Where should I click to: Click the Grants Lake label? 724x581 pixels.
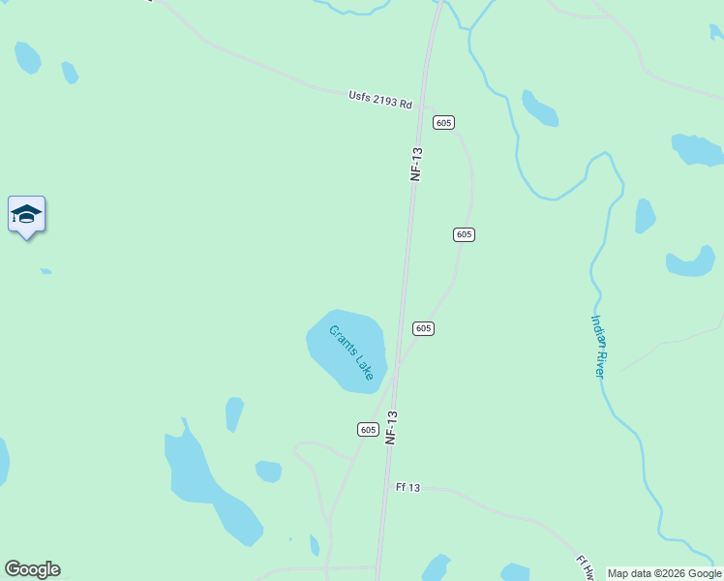tap(351, 352)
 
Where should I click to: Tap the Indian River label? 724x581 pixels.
tap(599, 345)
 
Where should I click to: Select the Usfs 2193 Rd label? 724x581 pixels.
tap(380, 100)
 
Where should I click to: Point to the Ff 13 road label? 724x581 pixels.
tap(407, 487)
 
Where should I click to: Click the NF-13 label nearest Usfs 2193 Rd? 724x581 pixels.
tap(417, 164)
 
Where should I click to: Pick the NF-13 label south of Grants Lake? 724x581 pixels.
tap(392, 427)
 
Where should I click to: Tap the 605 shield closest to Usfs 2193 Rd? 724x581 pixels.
tap(443, 122)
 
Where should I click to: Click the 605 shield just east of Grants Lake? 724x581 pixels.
tap(423, 328)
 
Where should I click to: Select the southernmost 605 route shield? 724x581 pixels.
tap(367, 429)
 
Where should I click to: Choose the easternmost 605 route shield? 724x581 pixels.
tap(464, 234)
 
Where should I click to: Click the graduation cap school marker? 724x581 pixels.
tap(26, 215)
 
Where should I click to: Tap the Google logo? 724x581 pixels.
tap(32, 569)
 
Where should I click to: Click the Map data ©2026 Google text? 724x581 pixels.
tap(664, 573)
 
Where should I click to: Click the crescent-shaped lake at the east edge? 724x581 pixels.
tap(691, 261)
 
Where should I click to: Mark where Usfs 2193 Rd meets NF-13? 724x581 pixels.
tap(420, 108)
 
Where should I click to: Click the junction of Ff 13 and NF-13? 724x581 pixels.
tap(384, 488)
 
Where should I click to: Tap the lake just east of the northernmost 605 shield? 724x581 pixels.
tap(539, 109)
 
